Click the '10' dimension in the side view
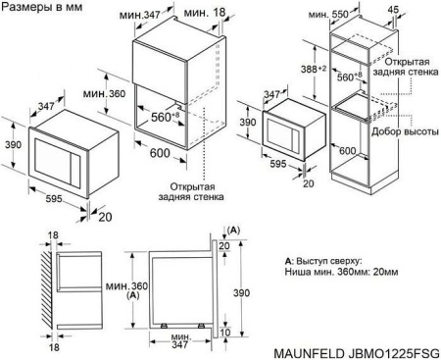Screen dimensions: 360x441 pos(226,334)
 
